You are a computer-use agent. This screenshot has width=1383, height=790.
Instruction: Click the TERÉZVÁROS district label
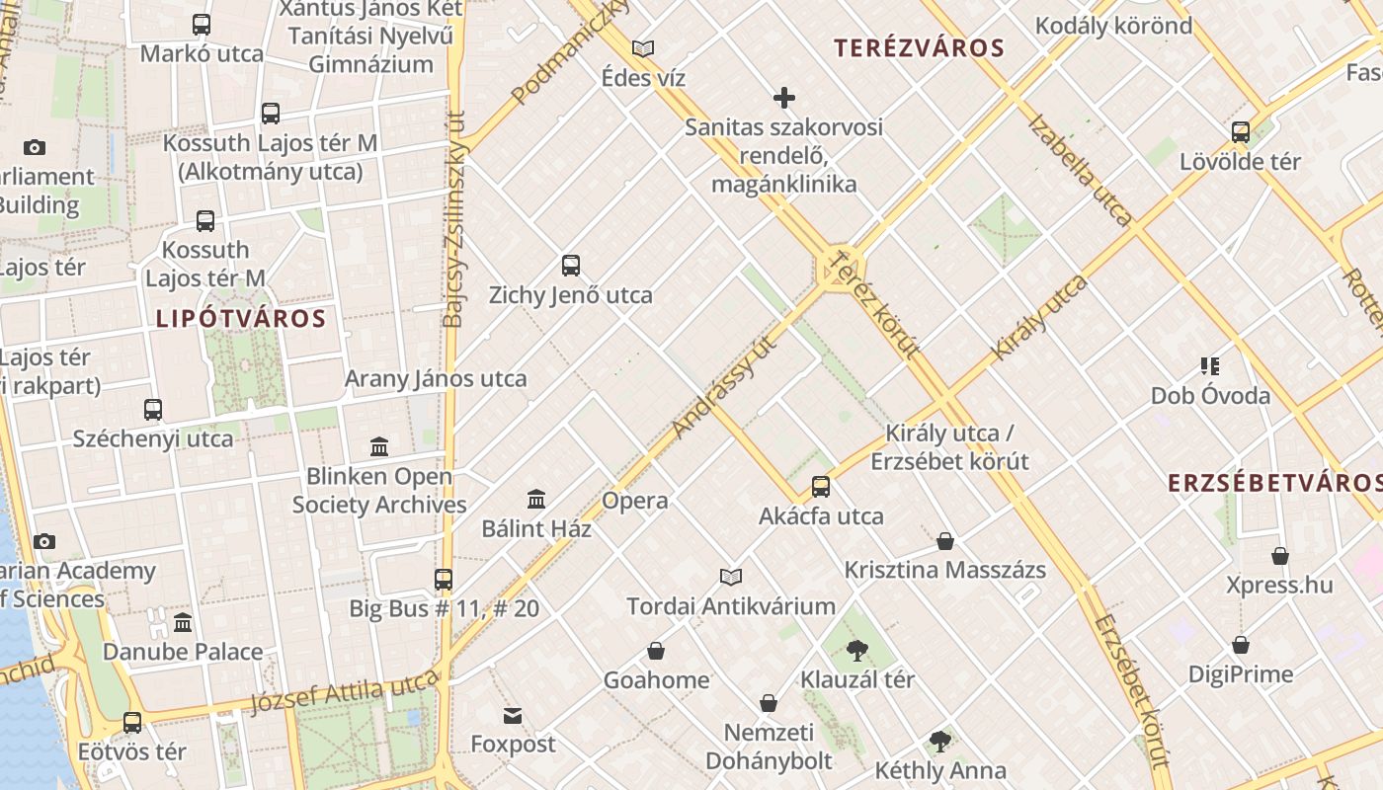click(919, 47)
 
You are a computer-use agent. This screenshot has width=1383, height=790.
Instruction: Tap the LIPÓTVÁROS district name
click(240, 318)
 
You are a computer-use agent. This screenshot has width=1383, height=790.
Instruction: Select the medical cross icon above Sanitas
click(784, 98)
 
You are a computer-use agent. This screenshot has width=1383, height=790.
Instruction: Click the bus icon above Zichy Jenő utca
click(571, 265)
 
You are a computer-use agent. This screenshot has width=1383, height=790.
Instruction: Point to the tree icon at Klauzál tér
click(856, 650)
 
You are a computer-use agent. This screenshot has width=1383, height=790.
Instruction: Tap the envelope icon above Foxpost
click(513, 715)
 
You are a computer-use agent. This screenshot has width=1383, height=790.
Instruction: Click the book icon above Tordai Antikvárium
click(731, 577)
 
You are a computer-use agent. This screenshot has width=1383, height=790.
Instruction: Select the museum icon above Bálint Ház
click(536, 499)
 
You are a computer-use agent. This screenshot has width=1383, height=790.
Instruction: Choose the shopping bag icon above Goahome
click(656, 651)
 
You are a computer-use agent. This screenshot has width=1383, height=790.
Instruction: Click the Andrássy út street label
click(724, 386)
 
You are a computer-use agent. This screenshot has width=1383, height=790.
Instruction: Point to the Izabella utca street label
click(1079, 170)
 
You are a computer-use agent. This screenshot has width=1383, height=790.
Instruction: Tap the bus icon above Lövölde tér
click(1241, 131)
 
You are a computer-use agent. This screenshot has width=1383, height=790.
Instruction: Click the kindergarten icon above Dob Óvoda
click(1210, 366)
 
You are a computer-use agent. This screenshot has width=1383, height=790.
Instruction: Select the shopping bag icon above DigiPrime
click(1241, 645)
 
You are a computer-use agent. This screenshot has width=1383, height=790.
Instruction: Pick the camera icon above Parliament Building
click(35, 147)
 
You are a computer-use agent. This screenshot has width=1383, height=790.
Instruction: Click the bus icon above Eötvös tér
click(132, 722)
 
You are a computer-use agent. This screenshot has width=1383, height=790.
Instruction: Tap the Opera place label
click(635, 501)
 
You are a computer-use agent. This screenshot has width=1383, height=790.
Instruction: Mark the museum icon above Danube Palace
click(183, 622)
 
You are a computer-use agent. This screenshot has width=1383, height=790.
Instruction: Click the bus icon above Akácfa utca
click(821, 486)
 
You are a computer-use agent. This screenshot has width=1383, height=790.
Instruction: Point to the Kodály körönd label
click(1113, 25)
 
